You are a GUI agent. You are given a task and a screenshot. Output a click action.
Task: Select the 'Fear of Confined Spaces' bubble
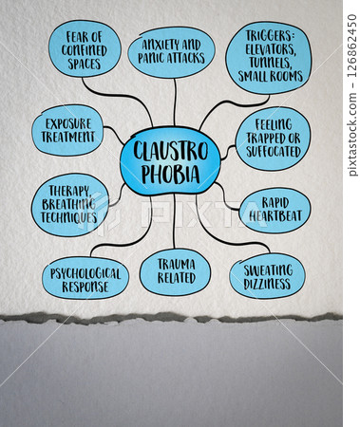85,48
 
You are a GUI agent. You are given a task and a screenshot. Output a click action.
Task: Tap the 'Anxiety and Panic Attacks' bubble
171,51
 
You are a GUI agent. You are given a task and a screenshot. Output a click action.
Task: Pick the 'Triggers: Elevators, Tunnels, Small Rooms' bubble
269,58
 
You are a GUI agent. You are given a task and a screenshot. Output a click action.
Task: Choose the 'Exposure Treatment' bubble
67,131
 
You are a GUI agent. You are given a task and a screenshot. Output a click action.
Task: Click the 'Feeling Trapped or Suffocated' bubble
273,138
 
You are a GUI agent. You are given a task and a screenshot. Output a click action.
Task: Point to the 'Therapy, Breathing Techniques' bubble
69,204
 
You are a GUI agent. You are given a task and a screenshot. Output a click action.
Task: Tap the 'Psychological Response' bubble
85,277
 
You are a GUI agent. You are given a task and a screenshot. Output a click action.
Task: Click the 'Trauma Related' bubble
175,271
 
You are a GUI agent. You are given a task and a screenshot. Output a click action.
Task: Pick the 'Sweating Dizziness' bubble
267,276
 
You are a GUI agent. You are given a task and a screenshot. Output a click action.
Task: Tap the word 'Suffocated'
273,152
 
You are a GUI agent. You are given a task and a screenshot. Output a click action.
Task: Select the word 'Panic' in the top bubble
155,59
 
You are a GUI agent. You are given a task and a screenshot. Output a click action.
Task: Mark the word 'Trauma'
175,264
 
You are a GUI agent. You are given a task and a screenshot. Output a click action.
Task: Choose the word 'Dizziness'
267,284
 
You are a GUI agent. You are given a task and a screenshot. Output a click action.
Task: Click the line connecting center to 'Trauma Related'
174,220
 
